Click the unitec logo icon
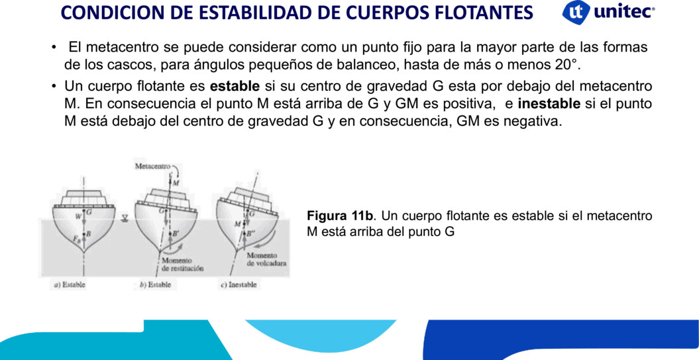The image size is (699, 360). [576, 13]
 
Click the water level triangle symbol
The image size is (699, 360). [125, 218]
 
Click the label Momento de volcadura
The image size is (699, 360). [266, 259]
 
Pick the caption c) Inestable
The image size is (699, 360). [239, 284]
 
